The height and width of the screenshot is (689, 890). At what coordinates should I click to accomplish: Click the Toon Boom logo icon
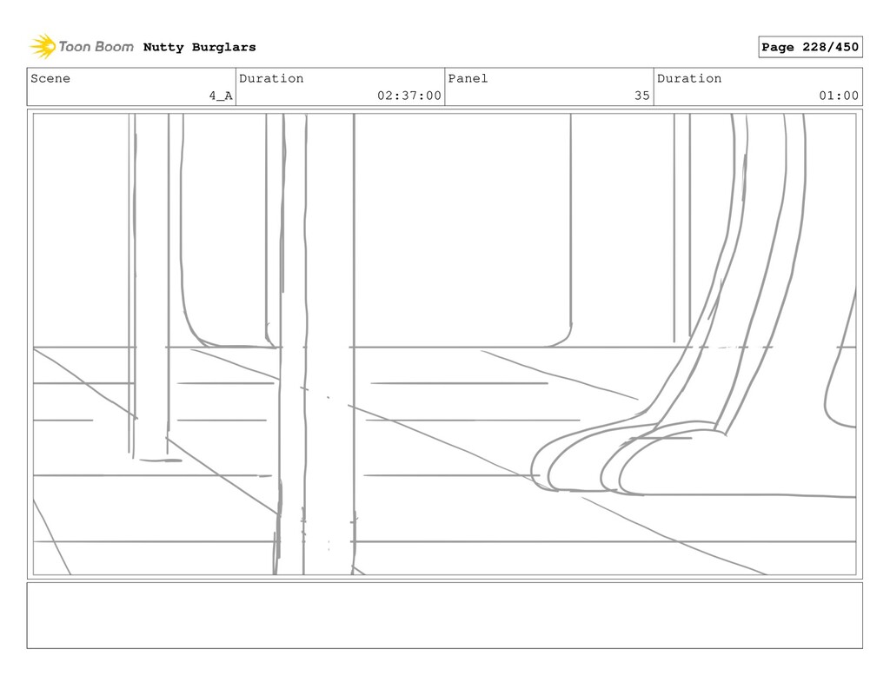coord(42,46)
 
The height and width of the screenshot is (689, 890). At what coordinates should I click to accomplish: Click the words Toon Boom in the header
coord(96,47)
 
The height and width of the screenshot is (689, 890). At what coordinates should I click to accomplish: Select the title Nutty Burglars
coord(199,47)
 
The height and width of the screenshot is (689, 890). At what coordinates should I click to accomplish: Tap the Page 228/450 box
coord(809,47)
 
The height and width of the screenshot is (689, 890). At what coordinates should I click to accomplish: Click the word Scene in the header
coord(50,78)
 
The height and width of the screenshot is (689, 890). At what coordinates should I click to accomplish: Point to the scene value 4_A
coord(220,96)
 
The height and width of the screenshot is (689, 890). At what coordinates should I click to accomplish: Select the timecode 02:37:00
coord(408,96)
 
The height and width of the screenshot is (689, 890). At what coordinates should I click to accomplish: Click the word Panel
coord(468,78)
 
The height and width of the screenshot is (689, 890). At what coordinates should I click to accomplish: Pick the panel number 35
coord(641,96)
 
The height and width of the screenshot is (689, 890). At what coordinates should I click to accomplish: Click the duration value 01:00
coord(838,96)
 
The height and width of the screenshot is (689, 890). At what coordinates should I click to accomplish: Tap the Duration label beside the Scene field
coord(271,78)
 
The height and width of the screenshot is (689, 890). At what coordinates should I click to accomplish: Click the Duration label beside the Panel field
coord(689,78)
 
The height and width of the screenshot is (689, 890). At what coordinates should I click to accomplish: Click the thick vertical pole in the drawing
coord(329,348)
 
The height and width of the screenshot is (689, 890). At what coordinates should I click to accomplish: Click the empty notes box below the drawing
coord(444,615)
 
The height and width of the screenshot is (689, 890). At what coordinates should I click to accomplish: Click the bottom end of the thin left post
coord(152,456)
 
